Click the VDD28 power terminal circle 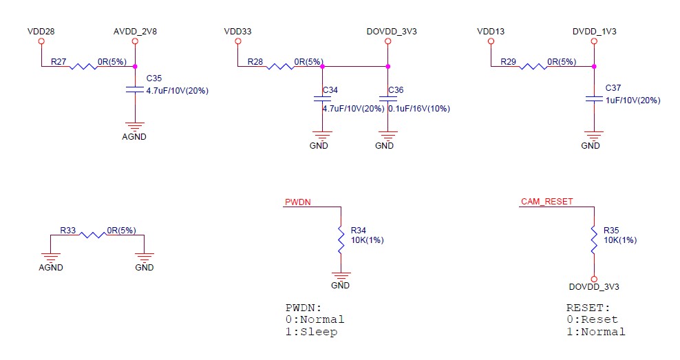click(x=41, y=41)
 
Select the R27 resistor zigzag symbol click(x=84, y=66)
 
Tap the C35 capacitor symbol click(x=135, y=89)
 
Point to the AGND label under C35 click(x=134, y=136)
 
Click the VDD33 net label click(x=237, y=31)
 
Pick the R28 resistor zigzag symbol click(x=280, y=66)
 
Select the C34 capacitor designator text click(x=330, y=89)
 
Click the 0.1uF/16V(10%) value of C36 click(x=419, y=109)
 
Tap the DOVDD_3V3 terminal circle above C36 click(x=387, y=41)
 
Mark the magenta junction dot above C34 click(x=322, y=66)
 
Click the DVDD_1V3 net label click(x=594, y=31)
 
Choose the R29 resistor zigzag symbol click(x=533, y=66)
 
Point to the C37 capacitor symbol click(x=594, y=99)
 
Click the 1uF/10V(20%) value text click(x=633, y=100)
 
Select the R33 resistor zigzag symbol click(x=93, y=235)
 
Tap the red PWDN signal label click(x=297, y=202)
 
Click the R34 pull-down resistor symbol click(x=341, y=240)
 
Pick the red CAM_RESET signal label click(x=547, y=201)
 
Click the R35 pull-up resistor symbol click(x=594, y=240)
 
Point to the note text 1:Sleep click(x=311, y=332)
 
